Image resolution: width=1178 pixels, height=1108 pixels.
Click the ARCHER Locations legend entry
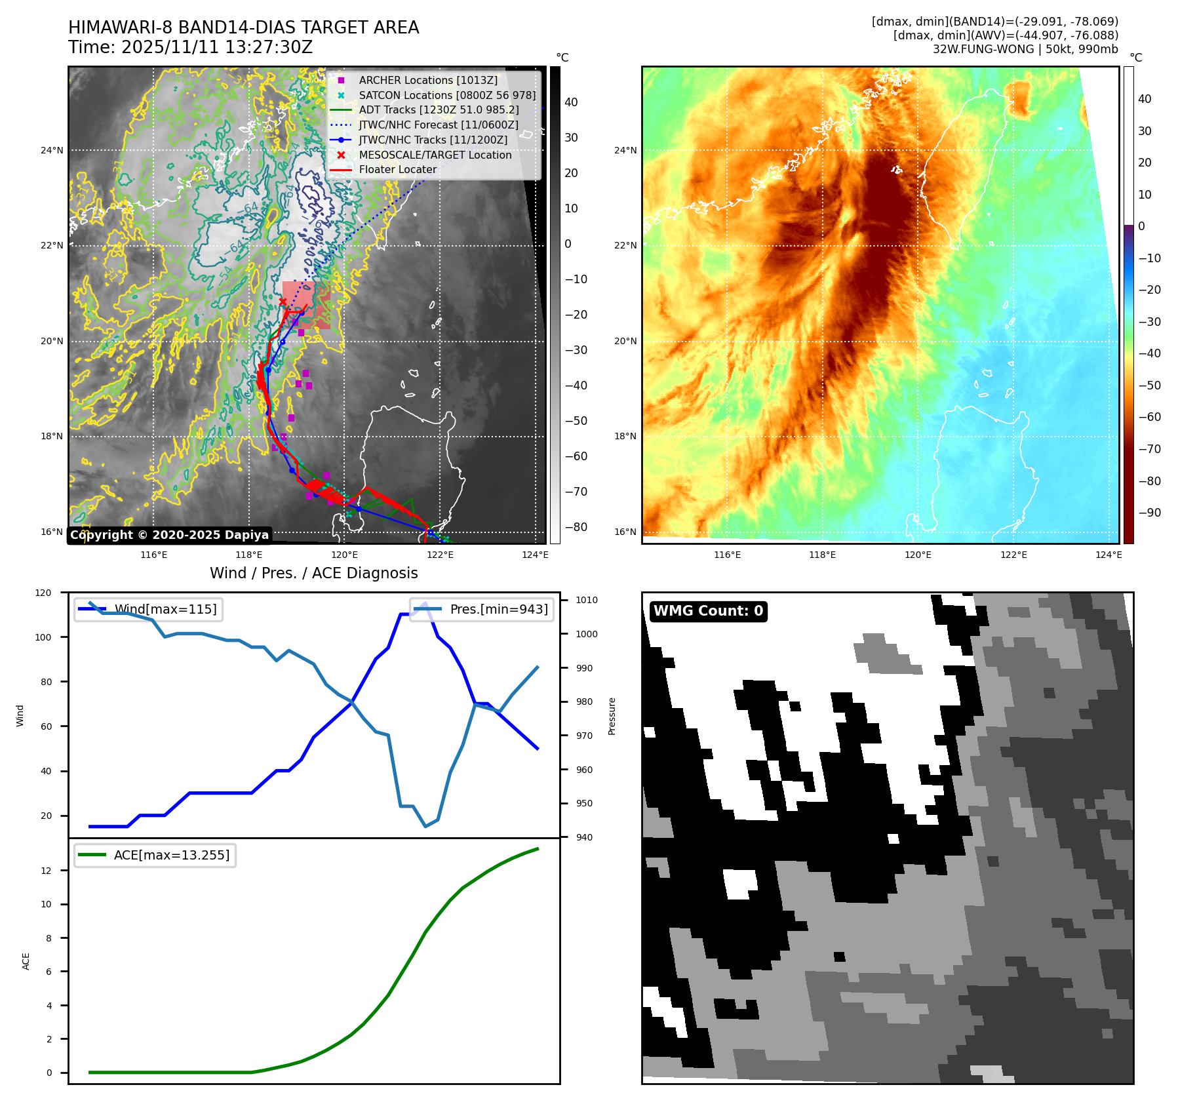click(x=427, y=80)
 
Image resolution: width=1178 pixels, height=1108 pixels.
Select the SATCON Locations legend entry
click(x=447, y=95)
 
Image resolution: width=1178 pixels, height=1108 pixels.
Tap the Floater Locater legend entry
click(x=397, y=169)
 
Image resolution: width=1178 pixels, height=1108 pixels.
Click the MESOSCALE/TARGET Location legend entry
click(x=435, y=155)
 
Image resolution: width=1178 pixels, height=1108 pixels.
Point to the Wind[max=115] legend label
click(x=165, y=609)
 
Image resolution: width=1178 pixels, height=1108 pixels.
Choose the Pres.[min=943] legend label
click(x=499, y=609)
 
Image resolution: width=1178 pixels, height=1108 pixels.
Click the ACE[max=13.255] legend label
click(x=172, y=855)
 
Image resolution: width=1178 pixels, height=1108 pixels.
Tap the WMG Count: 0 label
click(x=708, y=611)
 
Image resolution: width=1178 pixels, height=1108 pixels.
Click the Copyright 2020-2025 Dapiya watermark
click(x=169, y=535)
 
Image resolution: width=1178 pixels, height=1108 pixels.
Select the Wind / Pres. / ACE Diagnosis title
click(x=313, y=573)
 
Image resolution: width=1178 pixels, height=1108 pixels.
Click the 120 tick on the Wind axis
click(x=43, y=593)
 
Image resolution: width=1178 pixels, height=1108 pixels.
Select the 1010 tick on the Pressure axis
click(x=587, y=600)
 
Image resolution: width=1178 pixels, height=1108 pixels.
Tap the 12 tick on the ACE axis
click(x=47, y=871)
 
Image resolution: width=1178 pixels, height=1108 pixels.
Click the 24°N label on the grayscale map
click(x=52, y=150)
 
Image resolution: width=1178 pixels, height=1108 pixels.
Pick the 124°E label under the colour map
click(x=1109, y=555)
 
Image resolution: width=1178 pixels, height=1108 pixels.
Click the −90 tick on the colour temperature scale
click(x=1149, y=513)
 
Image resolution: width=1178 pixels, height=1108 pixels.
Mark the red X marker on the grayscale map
click(x=283, y=302)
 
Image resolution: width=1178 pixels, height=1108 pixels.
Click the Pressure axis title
click(x=612, y=716)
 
